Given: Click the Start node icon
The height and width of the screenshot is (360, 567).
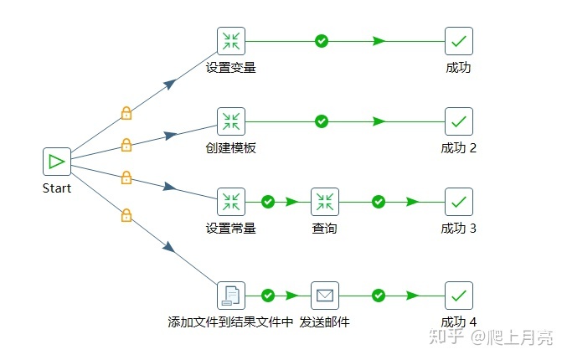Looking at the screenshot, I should pyautogui.click(x=57, y=162).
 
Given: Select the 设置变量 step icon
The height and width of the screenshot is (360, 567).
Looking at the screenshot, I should pyautogui.click(x=230, y=41).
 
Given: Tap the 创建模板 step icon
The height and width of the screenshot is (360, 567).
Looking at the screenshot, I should pyautogui.click(x=230, y=121).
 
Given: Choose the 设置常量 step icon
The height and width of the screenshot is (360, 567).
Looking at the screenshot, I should pyautogui.click(x=230, y=202).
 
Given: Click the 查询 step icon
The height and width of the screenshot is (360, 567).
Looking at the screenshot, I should pyautogui.click(x=325, y=202).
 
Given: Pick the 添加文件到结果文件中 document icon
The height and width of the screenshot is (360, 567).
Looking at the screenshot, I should pyautogui.click(x=230, y=296).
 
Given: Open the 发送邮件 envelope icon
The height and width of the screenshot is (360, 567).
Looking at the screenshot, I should pyautogui.click(x=325, y=296).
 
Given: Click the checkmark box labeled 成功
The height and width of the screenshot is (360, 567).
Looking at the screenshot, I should pyautogui.click(x=458, y=41).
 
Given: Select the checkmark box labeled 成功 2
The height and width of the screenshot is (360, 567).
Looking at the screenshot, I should pyautogui.click(x=458, y=121).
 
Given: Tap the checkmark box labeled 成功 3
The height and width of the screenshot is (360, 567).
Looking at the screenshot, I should pyautogui.click(x=458, y=202).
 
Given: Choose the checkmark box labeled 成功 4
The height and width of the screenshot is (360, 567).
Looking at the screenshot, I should pyautogui.click(x=458, y=296).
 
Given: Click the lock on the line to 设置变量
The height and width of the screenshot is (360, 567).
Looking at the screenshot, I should pyautogui.click(x=126, y=112).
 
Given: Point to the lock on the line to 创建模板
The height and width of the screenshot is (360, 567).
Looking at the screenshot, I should pyautogui.click(x=126, y=145).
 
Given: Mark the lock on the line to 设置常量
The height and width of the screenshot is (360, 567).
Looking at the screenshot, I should pyautogui.click(x=126, y=177).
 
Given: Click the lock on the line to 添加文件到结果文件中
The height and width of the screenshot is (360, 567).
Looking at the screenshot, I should pyautogui.click(x=126, y=215).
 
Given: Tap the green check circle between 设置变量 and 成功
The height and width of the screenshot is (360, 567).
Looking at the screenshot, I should pyautogui.click(x=321, y=41).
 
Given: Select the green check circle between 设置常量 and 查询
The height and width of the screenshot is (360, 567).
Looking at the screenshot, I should pyautogui.click(x=268, y=202).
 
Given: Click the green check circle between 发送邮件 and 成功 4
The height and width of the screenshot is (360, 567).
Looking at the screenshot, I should pyautogui.click(x=379, y=296).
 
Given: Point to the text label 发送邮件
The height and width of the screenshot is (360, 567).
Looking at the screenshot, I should pyautogui.click(x=324, y=322).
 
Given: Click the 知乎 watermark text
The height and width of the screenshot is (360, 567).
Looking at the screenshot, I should pyautogui.click(x=445, y=337).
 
